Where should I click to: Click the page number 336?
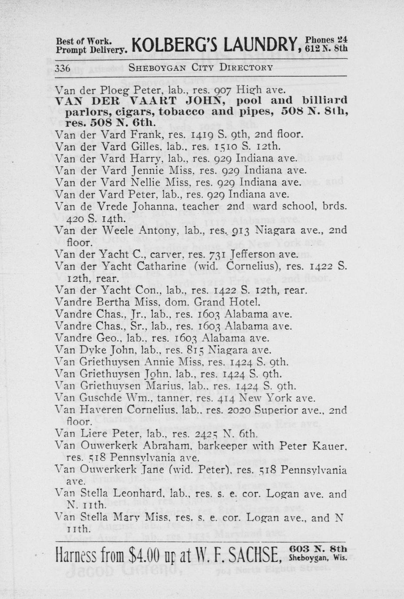point(63,68)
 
